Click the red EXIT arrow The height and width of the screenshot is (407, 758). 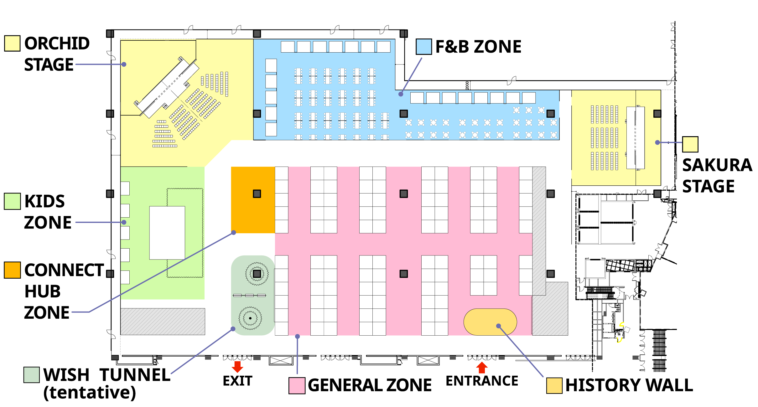tap(237, 367)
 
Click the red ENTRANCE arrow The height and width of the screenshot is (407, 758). tap(482, 368)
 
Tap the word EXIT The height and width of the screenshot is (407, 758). tap(237, 381)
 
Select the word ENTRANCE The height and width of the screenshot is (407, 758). tap(482, 381)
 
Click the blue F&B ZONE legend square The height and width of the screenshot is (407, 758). tap(424, 47)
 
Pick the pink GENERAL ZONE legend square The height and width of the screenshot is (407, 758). tap(297, 385)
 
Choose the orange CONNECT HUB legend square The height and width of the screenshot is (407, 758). tap(13, 270)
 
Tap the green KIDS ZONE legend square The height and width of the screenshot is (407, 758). tap(13, 201)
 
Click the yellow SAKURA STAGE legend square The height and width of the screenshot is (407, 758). tap(690, 144)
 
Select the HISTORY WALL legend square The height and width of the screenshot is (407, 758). tap(554, 385)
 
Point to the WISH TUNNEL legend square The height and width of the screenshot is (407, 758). tap(32, 375)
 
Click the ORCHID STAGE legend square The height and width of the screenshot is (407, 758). tap(13, 43)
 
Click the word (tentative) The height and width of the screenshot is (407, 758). tap(90, 393)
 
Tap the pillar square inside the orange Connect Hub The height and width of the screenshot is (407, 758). tap(257, 194)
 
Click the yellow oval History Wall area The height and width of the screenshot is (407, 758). tap(490, 322)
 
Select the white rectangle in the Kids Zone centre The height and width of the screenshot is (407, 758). tap(167, 233)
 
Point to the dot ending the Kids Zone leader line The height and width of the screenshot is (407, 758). tap(124, 222)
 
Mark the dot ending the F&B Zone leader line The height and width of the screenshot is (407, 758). tap(401, 94)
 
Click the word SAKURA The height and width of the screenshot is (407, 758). tap(717, 165)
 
